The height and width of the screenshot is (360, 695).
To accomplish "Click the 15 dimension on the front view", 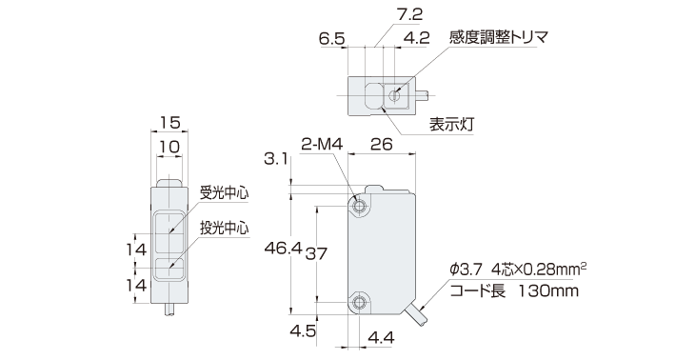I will point(169,122).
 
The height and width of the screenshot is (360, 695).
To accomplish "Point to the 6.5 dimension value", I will point(332,39).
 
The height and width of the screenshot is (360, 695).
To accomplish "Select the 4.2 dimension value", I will point(415,39).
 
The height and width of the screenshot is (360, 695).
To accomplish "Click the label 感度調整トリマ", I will point(500,38).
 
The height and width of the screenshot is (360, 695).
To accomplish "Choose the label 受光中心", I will point(224,191).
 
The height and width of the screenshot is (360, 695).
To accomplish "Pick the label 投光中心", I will point(224,229).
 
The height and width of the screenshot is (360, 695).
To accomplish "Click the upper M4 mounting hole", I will point(360,207).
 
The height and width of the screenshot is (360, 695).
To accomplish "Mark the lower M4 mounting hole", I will point(360,302).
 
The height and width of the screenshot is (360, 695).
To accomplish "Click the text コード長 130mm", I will point(513,291).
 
